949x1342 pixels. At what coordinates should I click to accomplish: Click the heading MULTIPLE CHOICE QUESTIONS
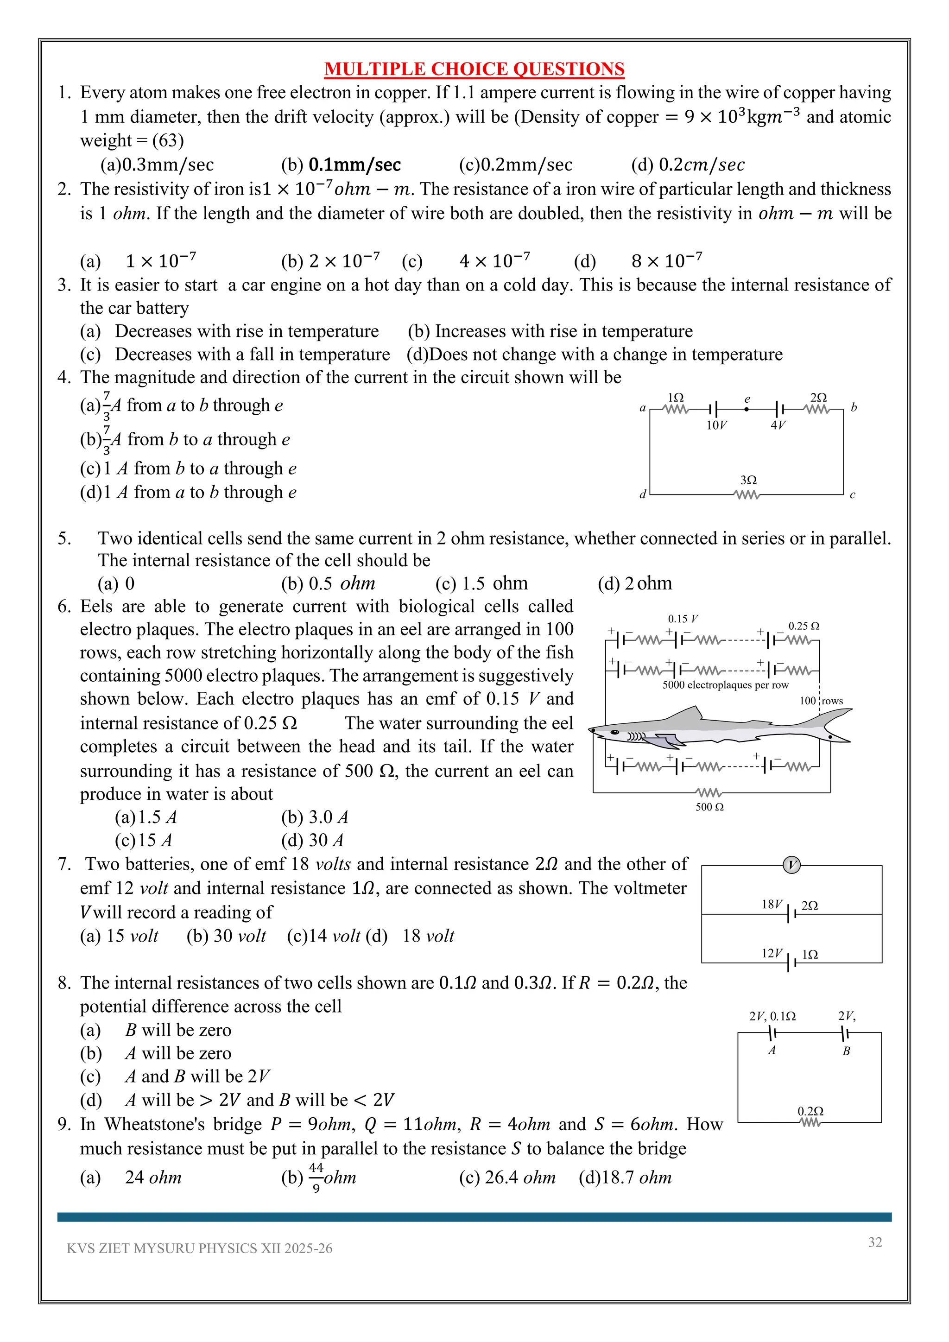tap(474, 69)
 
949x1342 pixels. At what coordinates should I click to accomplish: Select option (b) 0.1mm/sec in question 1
tap(341, 165)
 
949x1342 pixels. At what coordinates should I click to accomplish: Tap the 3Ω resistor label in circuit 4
tap(748, 480)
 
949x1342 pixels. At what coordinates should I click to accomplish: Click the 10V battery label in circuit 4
tap(716, 425)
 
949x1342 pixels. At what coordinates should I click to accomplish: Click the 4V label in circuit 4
tap(778, 425)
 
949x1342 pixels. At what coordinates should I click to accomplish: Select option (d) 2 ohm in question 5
tap(635, 583)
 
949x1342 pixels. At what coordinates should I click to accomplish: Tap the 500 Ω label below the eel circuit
tap(709, 807)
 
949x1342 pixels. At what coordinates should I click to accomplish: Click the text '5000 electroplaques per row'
tap(725, 685)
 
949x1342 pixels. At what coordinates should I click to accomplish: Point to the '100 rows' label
tap(821, 701)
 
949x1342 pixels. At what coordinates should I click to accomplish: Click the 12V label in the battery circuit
tap(772, 953)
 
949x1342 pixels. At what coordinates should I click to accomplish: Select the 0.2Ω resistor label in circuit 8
tap(810, 1111)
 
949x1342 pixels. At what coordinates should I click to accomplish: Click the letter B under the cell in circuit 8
tap(846, 1051)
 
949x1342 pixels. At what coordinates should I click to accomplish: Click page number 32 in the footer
tap(875, 1242)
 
